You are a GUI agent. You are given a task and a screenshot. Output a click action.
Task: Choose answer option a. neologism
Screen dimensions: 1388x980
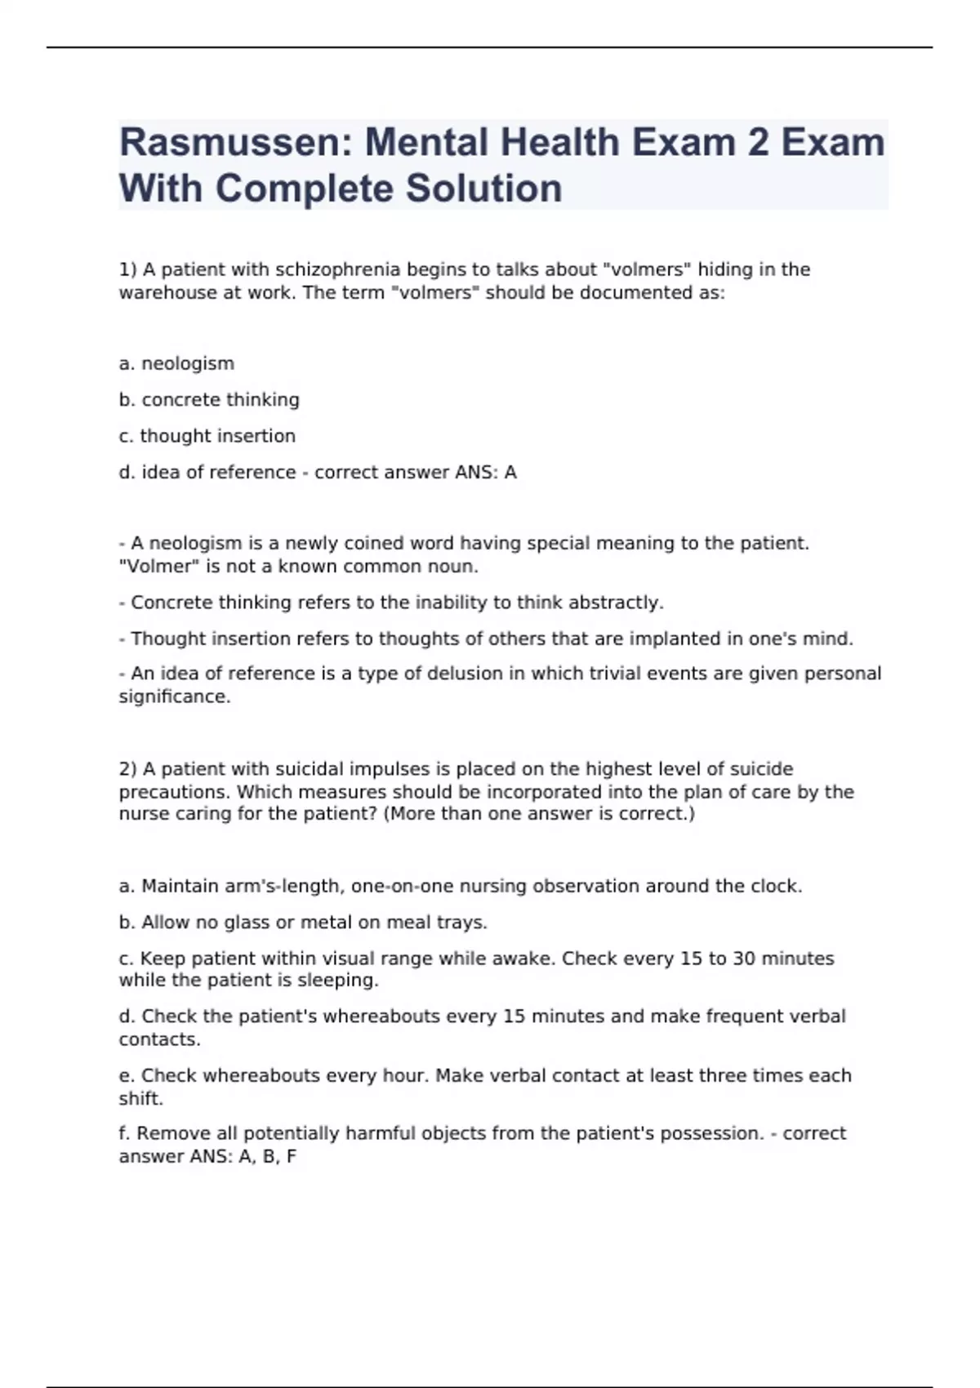pos(176,363)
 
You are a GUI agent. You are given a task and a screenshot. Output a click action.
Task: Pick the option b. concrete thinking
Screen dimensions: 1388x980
pos(209,399)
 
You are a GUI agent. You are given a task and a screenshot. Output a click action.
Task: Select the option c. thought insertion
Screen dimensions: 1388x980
pos(207,436)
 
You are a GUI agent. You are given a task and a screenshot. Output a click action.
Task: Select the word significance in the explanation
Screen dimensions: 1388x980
pos(174,696)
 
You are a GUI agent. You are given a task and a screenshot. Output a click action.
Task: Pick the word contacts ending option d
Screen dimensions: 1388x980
pos(158,1039)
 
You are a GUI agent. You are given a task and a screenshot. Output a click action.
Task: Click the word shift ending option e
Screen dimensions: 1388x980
pos(140,1098)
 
